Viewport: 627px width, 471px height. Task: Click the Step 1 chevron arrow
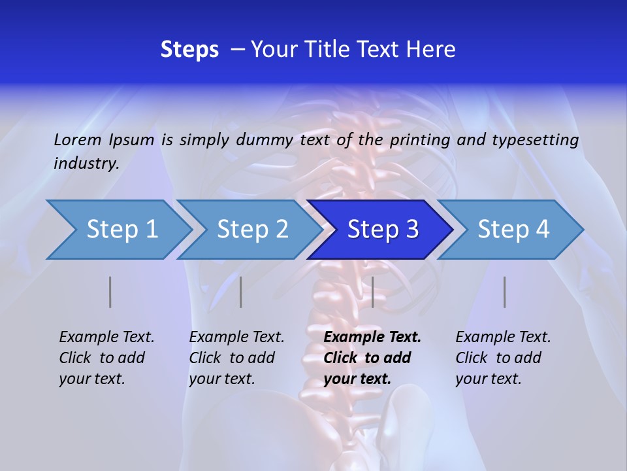pyautogui.click(x=121, y=230)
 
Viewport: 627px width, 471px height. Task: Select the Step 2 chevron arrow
pyautogui.click(x=252, y=230)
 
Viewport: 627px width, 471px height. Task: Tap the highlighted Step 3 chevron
pyautogui.click(x=382, y=230)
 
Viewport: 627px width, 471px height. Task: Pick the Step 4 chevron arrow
pyautogui.click(x=513, y=230)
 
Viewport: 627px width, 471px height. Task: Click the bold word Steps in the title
pyautogui.click(x=189, y=50)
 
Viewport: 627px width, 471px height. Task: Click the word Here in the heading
pyautogui.click(x=428, y=50)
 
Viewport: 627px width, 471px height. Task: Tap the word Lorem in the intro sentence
pyautogui.click(x=78, y=139)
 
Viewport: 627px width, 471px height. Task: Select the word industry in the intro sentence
pyautogui.click(x=86, y=164)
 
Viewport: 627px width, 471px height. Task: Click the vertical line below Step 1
pyautogui.click(x=110, y=292)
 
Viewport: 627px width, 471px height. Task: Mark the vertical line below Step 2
pyautogui.click(x=241, y=292)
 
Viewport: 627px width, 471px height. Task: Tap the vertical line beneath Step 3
pyautogui.click(x=372, y=292)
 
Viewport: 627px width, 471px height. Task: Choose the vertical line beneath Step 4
pyautogui.click(x=504, y=292)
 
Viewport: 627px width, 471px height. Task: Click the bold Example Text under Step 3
pyautogui.click(x=372, y=338)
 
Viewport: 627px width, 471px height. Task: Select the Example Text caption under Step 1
pyautogui.click(x=106, y=338)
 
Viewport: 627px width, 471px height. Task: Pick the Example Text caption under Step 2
pyautogui.click(x=236, y=338)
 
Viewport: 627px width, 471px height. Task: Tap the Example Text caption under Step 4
pyautogui.click(x=503, y=338)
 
